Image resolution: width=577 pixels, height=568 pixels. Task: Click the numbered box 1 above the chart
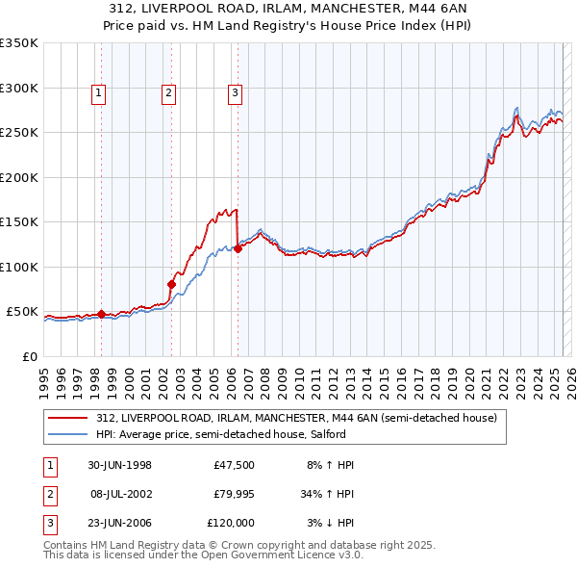pyautogui.click(x=100, y=93)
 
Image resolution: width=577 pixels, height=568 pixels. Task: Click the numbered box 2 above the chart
pyautogui.click(x=168, y=93)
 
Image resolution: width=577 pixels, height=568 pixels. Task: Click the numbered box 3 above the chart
pyautogui.click(x=235, y=93)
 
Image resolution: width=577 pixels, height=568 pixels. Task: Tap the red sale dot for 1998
pyautogui.click(x=101, y=314)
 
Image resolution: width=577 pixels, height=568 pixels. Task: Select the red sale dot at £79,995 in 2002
pyautogui.click(x=171, y=284)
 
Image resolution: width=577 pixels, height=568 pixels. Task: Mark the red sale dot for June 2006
pyautogui.click(x=238, y=248)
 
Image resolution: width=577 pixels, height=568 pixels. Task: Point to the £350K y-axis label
pyautogui.click(x=19, y=43)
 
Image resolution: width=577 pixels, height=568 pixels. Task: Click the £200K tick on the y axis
pyautogui.click(x=19, y=177)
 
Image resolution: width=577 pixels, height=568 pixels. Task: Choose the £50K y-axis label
pyautogui.click(x=23, y=312)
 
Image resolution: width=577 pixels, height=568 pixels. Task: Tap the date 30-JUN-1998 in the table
pyautogui.click(x=120, y=464)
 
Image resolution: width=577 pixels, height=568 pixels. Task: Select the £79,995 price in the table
pyautogui.click(x=232, y=493)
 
